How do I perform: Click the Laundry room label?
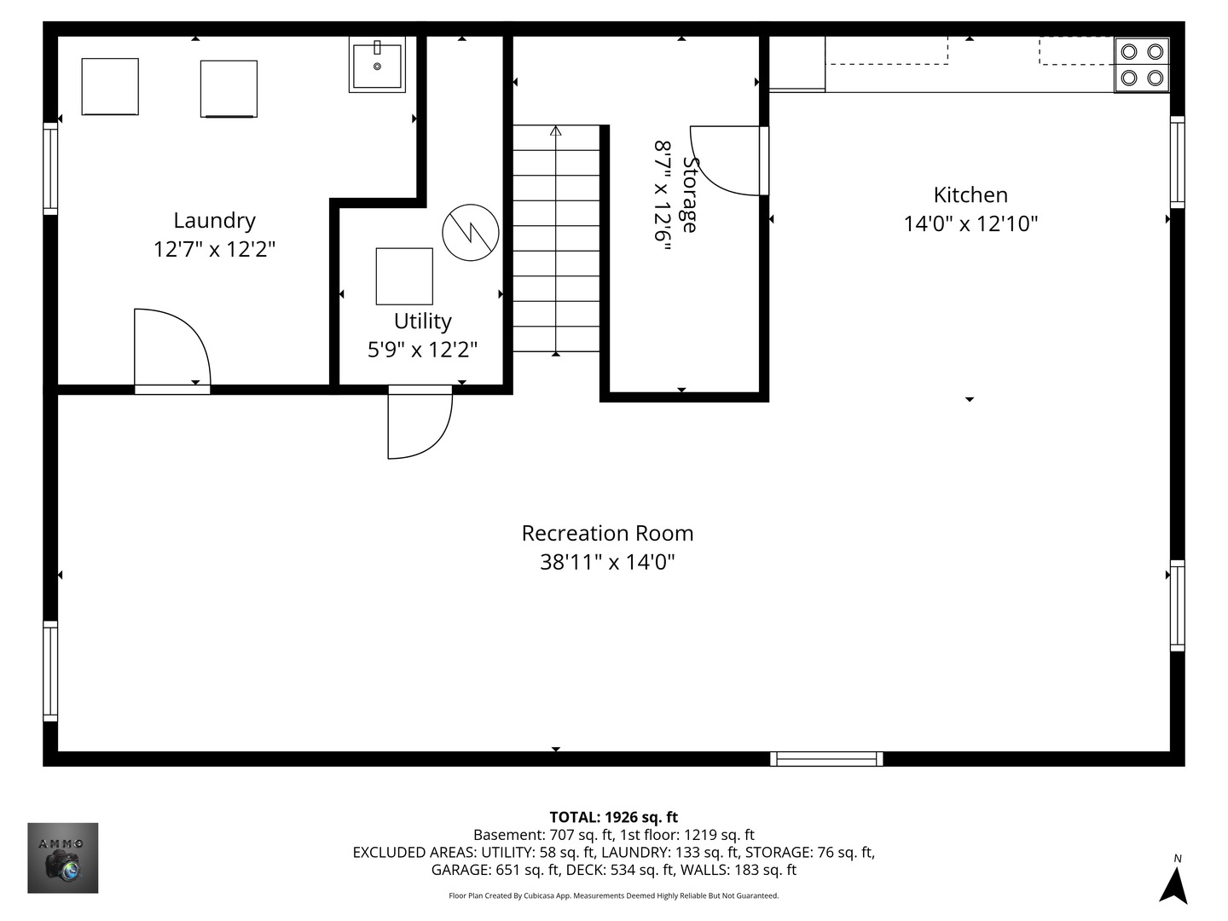pos(214,221)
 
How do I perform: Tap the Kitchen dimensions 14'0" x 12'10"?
pos(970,224)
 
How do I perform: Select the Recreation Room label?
pos(607,534)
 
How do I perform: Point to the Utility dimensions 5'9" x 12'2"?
pos(422,350)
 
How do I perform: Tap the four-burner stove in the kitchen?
pos(1141,65)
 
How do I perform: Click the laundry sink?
pos(377,64)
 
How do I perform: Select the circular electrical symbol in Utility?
pos(471,232)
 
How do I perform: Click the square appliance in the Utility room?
pos(404,276)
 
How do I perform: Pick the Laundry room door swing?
pos(171,348)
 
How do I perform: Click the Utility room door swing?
pos(418,424)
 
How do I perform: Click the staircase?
pos(556,239)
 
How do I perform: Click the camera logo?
pos(63,858)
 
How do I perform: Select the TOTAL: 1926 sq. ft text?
pos(613,817)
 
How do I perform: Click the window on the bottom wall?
pos(826,759)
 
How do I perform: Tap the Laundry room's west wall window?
pos(50,168)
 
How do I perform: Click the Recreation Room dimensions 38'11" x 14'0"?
pos(607,563)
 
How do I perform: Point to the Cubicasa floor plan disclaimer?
pos(613,896)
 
